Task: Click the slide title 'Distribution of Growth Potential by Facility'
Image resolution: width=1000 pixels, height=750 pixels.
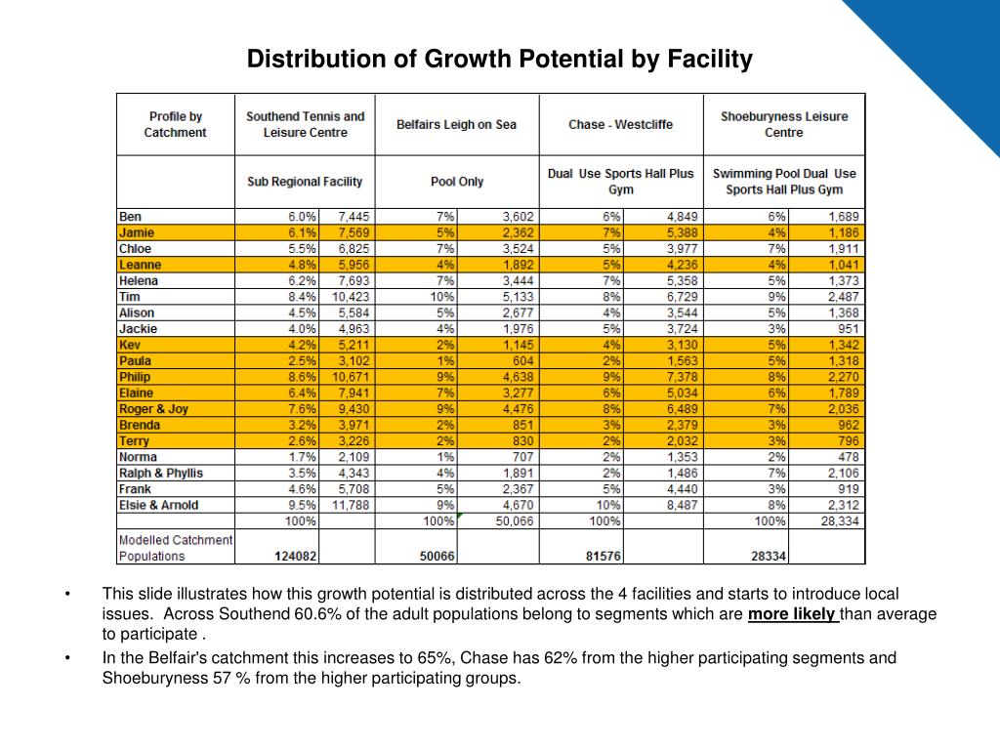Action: (x=499, y=59)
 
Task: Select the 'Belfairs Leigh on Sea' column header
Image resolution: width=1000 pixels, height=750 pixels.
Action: (x=456, y=124)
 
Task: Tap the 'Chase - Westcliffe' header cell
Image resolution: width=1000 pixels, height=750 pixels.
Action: (x=620, y=124)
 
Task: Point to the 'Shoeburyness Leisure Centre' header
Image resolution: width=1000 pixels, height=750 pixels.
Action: (x=784, y=124)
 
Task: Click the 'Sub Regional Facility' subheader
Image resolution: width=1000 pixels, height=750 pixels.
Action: (x=305, y=182)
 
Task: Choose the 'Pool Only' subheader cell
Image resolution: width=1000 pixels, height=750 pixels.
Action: (x=457, y=182)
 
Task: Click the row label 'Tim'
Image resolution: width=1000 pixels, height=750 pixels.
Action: (x=130, y=297)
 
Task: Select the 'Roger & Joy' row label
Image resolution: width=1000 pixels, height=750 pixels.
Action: (x=153, y=409)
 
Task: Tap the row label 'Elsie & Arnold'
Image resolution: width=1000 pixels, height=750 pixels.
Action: (x=159, y=505)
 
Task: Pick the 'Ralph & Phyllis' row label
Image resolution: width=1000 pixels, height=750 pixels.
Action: (x=161, y=474)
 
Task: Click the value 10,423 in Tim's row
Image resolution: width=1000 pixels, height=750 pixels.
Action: (x=351, y=297)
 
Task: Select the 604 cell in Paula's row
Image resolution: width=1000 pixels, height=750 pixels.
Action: (x=521, y=361)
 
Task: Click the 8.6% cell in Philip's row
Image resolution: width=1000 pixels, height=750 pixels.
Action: (x=303, y=377)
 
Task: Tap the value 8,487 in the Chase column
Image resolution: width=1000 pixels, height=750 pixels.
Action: (x=683, y=505)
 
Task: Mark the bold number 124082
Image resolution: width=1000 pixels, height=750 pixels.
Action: (x=295, y=556)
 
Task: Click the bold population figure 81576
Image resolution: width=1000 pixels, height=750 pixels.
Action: (x=604, y=556)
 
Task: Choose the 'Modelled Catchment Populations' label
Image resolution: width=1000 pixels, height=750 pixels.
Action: (x=176, y=548)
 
